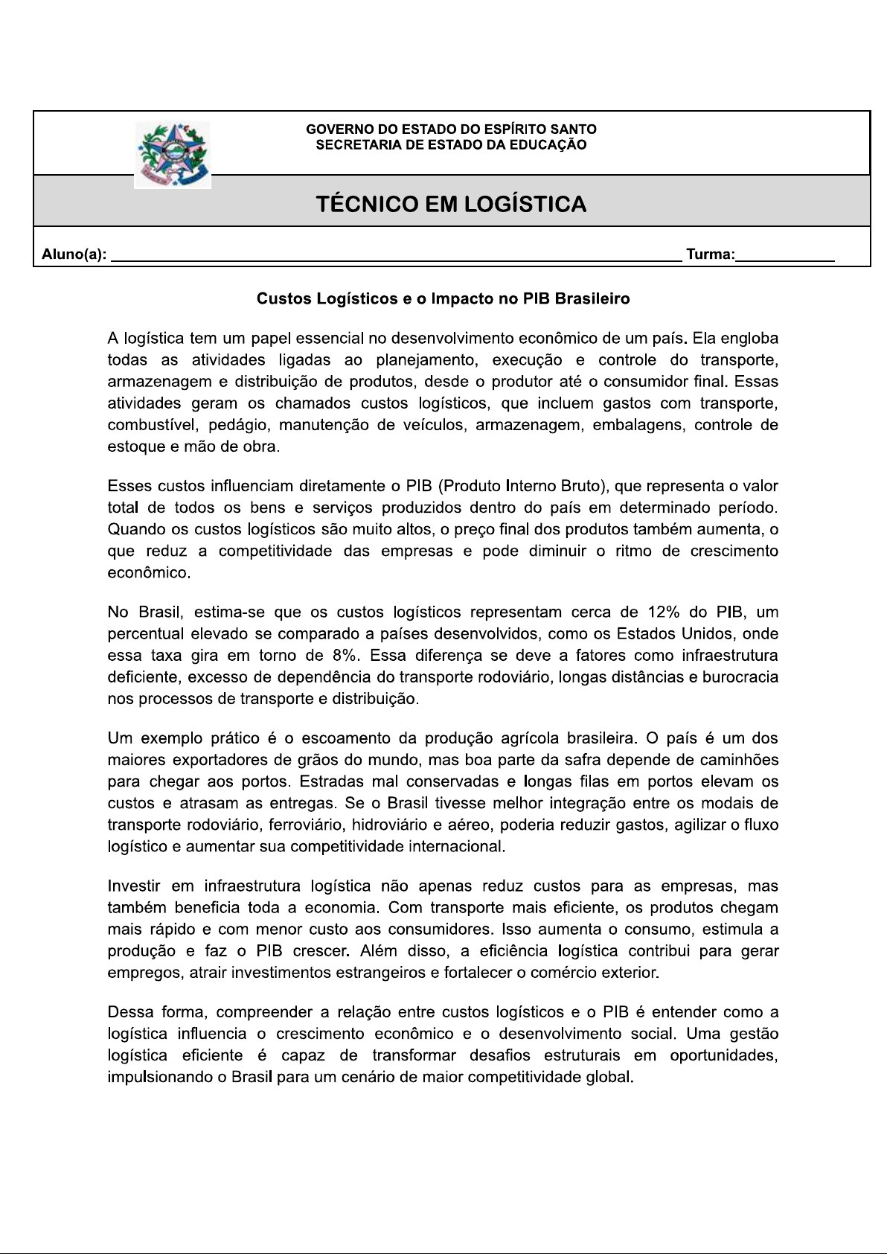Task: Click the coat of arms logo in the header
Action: (173, 154)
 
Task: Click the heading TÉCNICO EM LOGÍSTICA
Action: (451, 204)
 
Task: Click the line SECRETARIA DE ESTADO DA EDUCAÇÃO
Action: (451, 144)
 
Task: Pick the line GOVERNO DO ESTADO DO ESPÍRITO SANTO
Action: (451, 129)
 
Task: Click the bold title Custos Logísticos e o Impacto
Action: (443, 299)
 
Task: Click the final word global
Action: (610, 1078)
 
